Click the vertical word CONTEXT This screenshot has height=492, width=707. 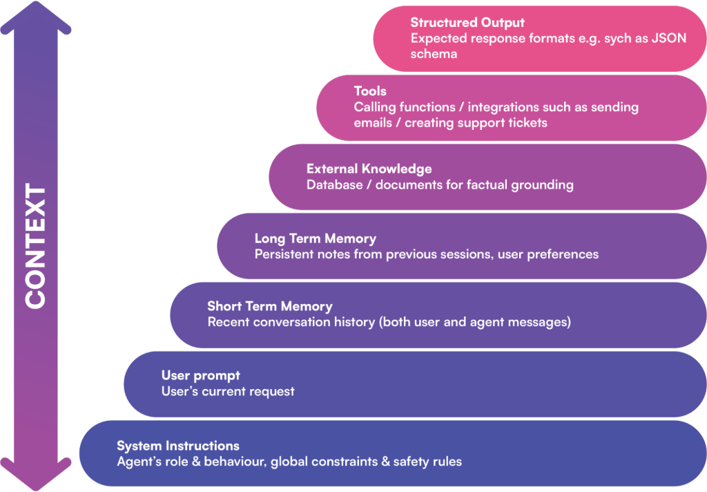(x=35, y=246)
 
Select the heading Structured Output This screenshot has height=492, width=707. (x=467, y=23)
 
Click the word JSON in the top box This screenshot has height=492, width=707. (x=669, y=38)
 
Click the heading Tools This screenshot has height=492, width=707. (x=370, y=91)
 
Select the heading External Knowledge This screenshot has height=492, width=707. (x=369, y=169)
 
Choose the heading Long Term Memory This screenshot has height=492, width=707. (x=315, y=238)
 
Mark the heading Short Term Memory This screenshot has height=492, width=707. (x=269, y=306)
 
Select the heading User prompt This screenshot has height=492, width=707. (x=200, y=375)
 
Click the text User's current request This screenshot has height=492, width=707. (x=228, y=392)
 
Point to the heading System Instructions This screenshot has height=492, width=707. (x=178, y=446)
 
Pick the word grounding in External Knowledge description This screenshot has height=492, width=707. (x=542, y=185)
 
